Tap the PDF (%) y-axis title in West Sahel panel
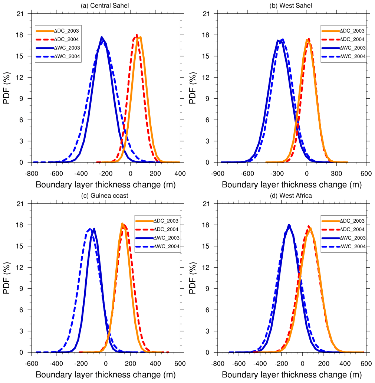[193, 88]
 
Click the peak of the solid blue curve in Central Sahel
[102, 37]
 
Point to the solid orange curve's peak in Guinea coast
[122, 223]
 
